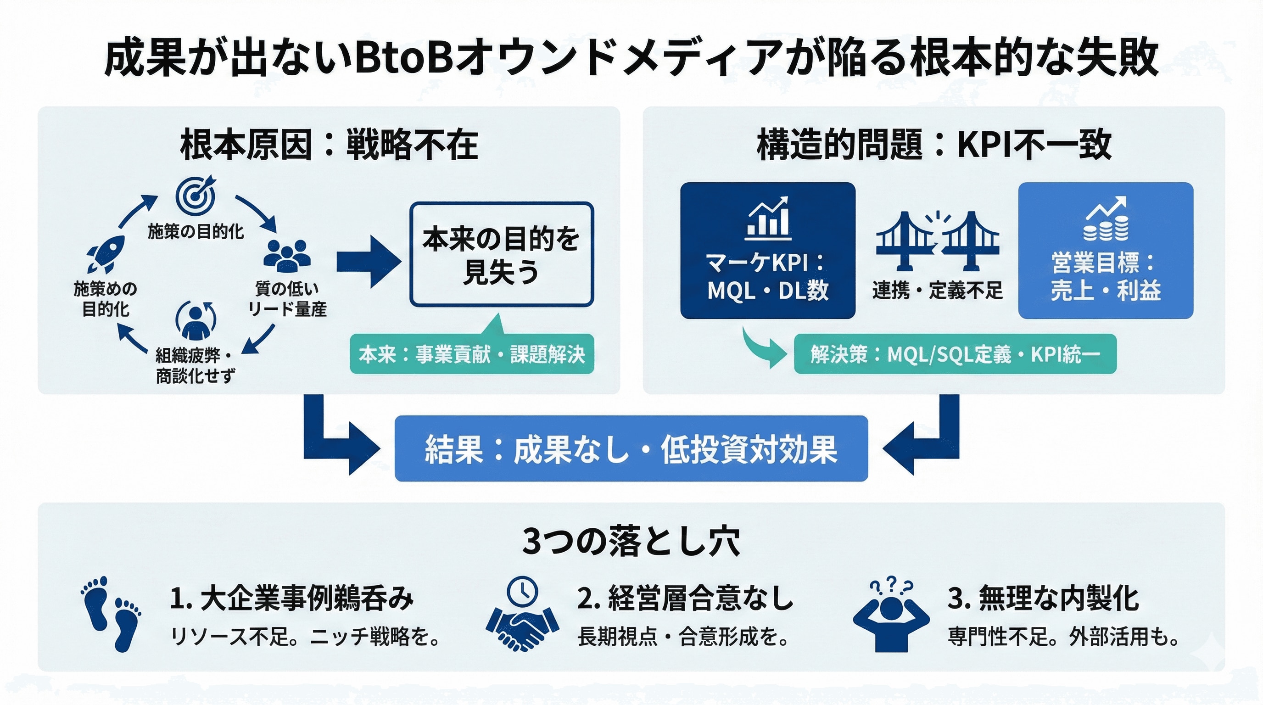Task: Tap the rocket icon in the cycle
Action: pos(106,254)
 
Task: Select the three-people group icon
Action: pos(287,256)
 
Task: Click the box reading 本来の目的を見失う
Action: pos(501,254)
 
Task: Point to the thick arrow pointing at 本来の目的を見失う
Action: pos(369,261)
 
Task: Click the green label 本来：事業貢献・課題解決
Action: pos(472,354)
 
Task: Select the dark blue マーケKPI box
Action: pos(767,251)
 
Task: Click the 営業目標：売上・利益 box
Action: pos(1105,251)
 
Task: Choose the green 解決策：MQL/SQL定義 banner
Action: pos(955,354)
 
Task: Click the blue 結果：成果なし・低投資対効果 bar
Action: pos(631,448)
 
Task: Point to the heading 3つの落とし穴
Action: pos(631,541)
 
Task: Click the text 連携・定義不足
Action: pos(937,291)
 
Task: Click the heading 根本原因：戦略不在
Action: pos(329,145)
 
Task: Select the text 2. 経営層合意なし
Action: pos(684,599)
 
